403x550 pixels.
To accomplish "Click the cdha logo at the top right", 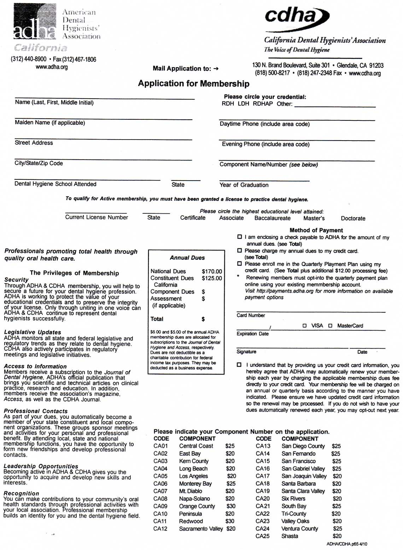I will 297,16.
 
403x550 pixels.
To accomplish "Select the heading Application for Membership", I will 193,84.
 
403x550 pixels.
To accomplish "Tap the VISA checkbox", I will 304,326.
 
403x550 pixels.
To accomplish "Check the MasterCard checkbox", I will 330,326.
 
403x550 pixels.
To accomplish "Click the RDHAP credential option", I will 263,104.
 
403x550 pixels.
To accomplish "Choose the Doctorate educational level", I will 353,218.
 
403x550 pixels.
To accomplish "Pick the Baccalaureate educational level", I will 272,218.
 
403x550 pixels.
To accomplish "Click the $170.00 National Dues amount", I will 212,272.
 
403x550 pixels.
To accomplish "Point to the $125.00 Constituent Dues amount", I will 212,278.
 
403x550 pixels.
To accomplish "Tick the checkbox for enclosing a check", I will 239,237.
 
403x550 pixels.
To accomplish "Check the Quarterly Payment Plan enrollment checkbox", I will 239,264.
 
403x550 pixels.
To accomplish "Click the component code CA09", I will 160,506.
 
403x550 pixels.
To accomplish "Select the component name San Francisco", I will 298,461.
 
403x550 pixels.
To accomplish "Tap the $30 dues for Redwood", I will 230,521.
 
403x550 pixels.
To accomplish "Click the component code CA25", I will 262,536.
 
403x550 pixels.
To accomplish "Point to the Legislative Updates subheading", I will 33,332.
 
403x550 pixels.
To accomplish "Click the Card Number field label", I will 251,315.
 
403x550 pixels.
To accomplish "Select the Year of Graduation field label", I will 244,185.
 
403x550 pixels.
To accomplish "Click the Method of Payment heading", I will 316,230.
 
